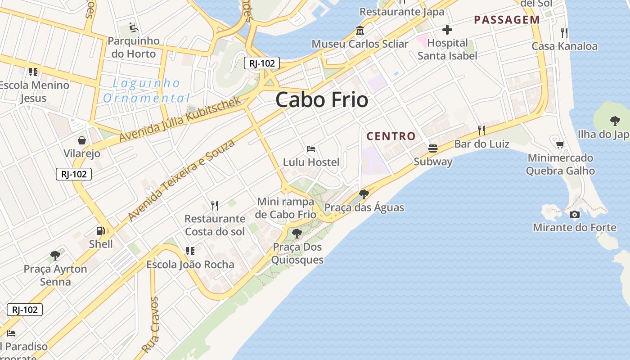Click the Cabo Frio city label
[x=322, y=99]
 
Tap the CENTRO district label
[x=391, y=136]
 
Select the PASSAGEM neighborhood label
[x=507, y=20]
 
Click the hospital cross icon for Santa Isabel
[x=447, y=30]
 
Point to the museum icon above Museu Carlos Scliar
[x=360, y=31]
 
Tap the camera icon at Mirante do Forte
[x=575, y=214]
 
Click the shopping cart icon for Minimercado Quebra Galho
[x=560, y=144]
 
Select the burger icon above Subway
[x=433, y=148]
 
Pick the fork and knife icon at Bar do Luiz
[x=481, y=130]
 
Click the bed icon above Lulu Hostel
[x=310, y=148]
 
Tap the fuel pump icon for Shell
[x=100, y=231]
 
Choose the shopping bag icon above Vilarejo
[x=82, y=140]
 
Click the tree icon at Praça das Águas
[x=364, y=194]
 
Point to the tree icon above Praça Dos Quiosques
[x=297, y=233]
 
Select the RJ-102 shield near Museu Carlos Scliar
[x=262, y=63]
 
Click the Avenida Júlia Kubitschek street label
[x=181, y=119]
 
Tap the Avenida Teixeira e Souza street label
[x=181, y=180]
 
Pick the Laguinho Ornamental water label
[x=146, y=90]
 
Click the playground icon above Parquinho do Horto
[x=134, y=27]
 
